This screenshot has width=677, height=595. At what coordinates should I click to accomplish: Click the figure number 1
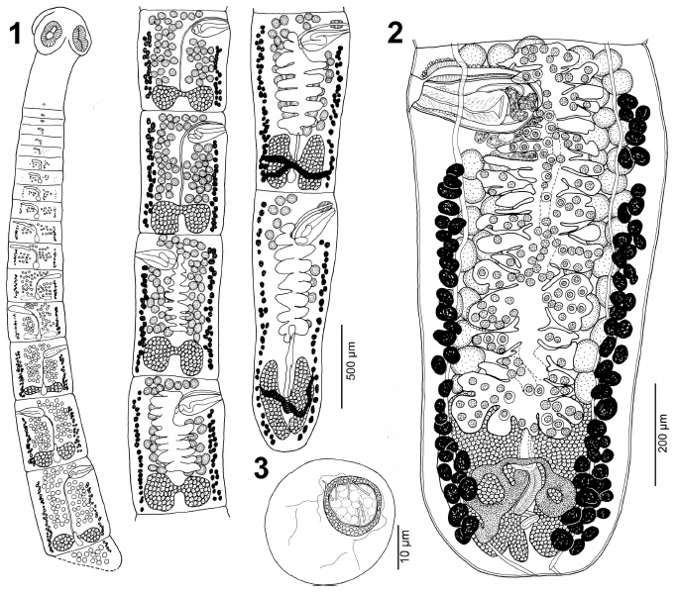(x=16, y=34)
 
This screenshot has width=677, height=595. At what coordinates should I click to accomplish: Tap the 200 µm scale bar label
(x=666, y=433)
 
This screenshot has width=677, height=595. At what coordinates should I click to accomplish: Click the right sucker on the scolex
(x=80, y=40)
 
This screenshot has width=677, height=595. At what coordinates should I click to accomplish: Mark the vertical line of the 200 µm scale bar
(x=655, y=434)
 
